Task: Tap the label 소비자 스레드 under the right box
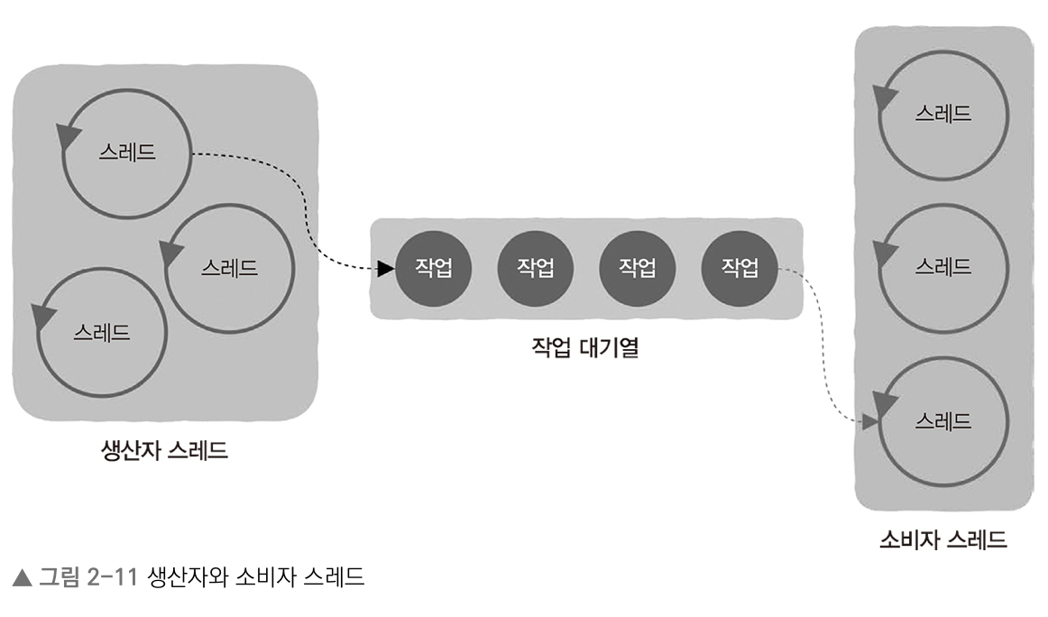(x=942, y=540)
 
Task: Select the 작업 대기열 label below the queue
(x=584, y=347)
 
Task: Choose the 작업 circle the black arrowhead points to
(x=434, y=268)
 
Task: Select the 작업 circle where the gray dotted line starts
(x=740, y=268)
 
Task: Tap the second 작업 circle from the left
(x=536, y=268)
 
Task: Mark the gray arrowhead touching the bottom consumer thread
(x=870, y=420)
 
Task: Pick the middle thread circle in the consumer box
(x=942, y=268)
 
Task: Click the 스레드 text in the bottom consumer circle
(x=942, y=421)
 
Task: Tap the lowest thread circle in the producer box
(x=102, y=331)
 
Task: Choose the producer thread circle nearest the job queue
(x=229, y=268)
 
